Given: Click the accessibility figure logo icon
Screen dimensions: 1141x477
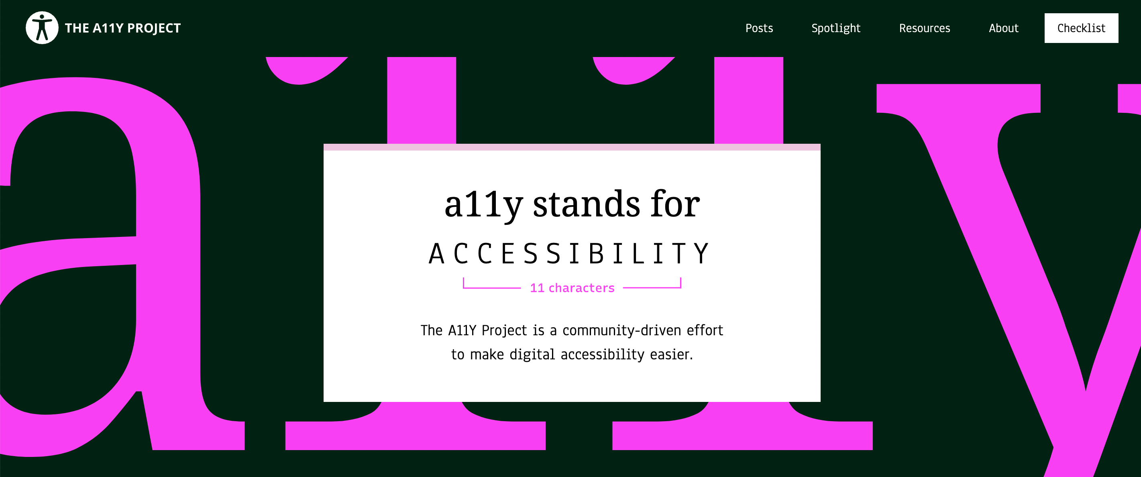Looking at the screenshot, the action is [x=42, y=28].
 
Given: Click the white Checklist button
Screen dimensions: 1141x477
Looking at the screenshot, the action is [x=1081, y=28].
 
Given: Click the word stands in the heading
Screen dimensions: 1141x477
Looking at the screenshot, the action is [x=587, y=204].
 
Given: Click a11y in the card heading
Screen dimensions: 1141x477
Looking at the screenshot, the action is [x=484, y=206].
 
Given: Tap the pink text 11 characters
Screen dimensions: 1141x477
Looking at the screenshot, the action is [x=572, y=288].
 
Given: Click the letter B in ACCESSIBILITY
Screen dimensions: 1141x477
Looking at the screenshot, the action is [x=596, y=253].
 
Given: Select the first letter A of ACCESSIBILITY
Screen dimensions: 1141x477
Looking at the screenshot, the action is [x=436, y=253].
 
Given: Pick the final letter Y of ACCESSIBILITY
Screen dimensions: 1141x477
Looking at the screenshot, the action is [x=701, y=253].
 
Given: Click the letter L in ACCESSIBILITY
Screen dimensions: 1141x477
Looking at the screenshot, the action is [x=638, y=253].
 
